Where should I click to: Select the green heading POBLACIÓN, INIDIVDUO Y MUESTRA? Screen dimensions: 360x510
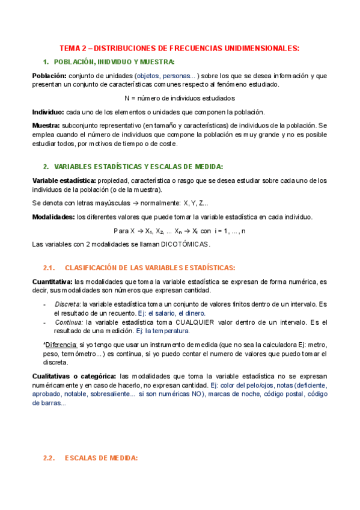point(114,62)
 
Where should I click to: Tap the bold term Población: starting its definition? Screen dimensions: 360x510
point(49,76)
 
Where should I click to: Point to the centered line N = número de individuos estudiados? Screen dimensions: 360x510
point(180,98)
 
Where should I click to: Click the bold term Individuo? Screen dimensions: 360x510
point(48,112)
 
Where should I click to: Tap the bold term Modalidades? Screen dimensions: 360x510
point(53,217)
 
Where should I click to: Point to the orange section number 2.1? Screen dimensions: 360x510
point(49,268)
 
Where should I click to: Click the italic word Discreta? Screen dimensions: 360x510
point(68,304)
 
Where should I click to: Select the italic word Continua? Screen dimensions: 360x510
point(69,322)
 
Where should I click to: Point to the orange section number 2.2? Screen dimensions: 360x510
point(49,458)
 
